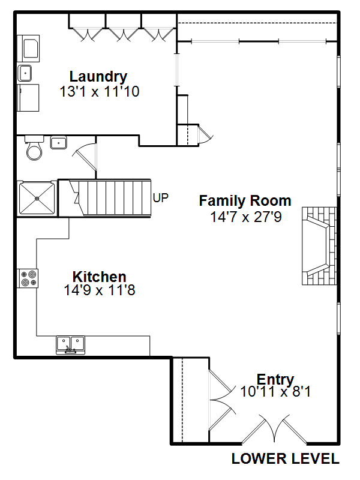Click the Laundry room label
(98, 77)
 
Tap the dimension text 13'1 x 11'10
(100, 92)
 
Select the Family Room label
(245, 201)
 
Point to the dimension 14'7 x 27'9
(246, 217)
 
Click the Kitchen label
(100, 277)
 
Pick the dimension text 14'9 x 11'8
(100, 290)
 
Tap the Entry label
(275, 380)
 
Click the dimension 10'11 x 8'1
(275, 392)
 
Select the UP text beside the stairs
(160, 198)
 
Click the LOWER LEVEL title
(286, 458)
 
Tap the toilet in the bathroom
(34, 148)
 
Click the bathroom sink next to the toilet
(58, 143)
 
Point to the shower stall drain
(37, 199)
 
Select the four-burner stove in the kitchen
(28, 278)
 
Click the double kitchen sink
(70, 345)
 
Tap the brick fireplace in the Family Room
(319, 246)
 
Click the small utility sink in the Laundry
(25, 73)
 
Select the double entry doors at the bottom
(274, 429)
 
